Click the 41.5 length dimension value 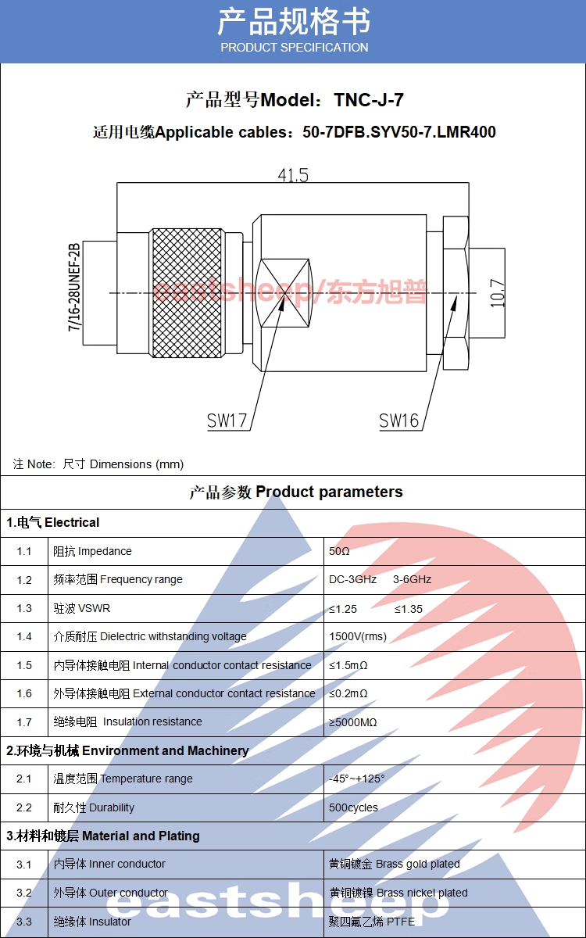(293, 175)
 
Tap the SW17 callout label (227, 421)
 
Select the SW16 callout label (398, 421)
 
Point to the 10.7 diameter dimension (498, 292)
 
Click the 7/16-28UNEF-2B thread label (75, 288)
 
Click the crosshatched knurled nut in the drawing (186, 293)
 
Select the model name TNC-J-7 (369, 100)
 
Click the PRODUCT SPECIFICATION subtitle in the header (294, 48)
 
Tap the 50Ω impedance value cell (339, 552)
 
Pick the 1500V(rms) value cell (358, 636)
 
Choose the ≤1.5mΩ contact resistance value (348, 665)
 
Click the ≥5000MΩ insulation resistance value (353, 722)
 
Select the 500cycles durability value (353, 807)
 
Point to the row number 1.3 (24, 608)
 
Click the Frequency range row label (118, 580)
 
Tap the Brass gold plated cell (395, 865)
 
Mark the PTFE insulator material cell (372, 922)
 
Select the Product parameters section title (296, 492)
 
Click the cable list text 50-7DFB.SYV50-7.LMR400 (399, 132)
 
